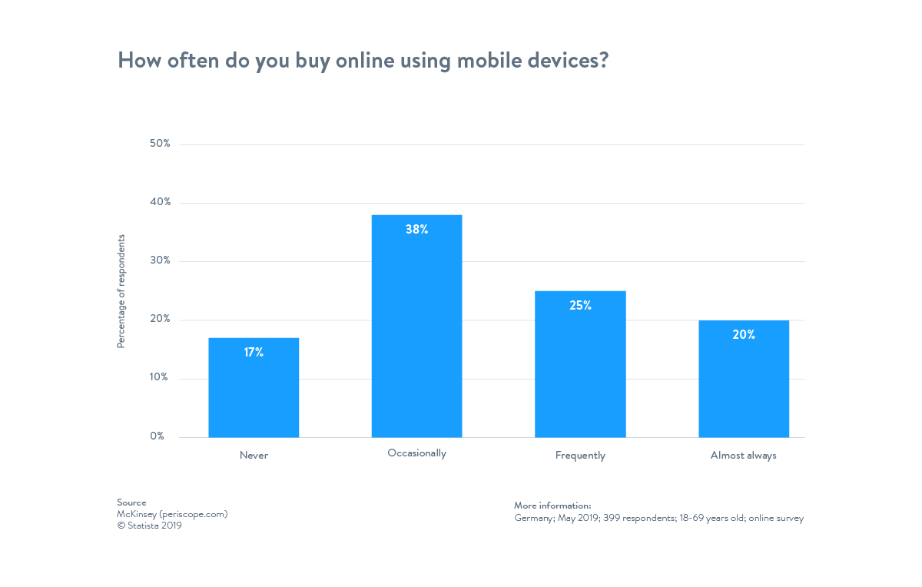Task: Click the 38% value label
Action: click(416, 229)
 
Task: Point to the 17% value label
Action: click(254, 353)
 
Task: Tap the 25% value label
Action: click(580, 305)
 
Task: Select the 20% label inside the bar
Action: click(744, 335)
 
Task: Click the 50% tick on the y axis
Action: click(160, 144)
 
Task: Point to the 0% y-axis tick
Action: click(157, 436)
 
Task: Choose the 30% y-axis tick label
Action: click(160, 260)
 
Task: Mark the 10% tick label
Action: click(159, 377)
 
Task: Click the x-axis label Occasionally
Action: click(416, 453)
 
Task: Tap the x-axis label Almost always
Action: click(743, 456)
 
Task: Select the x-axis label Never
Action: click(254, 456)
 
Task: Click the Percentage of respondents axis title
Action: click(121, 291)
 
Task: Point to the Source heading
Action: click(131, 502)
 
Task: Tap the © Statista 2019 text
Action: click(149, 526)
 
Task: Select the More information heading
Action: click(552, 506)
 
